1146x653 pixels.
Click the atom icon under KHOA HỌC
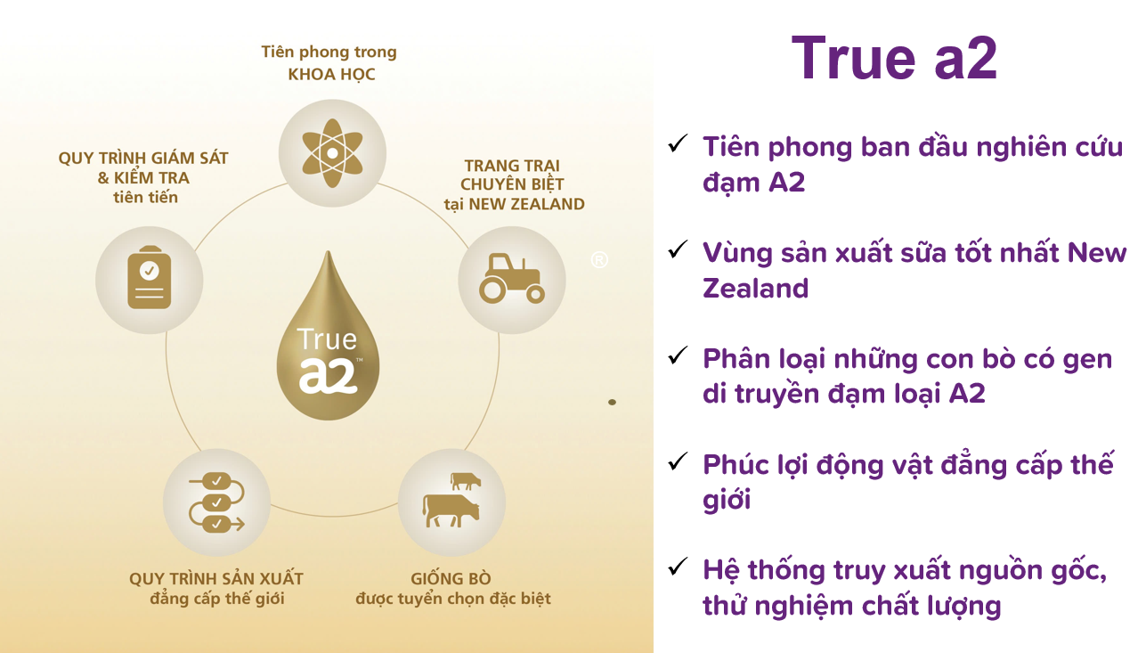332,153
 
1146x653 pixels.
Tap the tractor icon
512,279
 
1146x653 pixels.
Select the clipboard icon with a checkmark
150,278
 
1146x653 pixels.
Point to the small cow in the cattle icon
466,481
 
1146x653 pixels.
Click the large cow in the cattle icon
451,510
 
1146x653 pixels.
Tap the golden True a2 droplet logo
329,336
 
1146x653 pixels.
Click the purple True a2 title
895,58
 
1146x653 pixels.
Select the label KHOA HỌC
331,75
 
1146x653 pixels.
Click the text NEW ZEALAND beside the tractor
526,204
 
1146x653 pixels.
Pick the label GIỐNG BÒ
451,579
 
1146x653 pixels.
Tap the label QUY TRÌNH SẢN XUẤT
216,579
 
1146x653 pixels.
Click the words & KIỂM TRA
143,178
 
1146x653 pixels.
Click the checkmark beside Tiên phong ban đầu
678,143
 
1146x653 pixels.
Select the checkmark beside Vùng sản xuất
678,249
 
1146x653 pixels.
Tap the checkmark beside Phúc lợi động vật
678,461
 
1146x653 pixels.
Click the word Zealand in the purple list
756,288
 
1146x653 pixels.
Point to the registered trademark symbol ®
599,260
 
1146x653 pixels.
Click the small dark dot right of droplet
612,403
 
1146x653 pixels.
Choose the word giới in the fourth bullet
727,499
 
